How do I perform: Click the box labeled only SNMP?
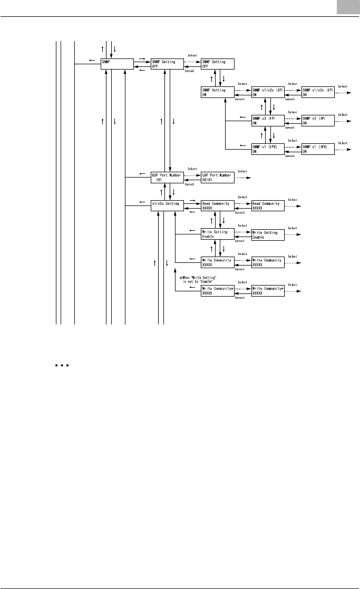click(x=116, y=64)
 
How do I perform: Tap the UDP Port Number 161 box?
click(x=167, y=177)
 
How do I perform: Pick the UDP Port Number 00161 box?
click(x=217, y=177)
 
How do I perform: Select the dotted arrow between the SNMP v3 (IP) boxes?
click(x=293, y=119)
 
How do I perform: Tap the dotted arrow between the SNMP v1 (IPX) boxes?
click(x=293, y=147)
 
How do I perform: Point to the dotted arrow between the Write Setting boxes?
click(x=242, y=232)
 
